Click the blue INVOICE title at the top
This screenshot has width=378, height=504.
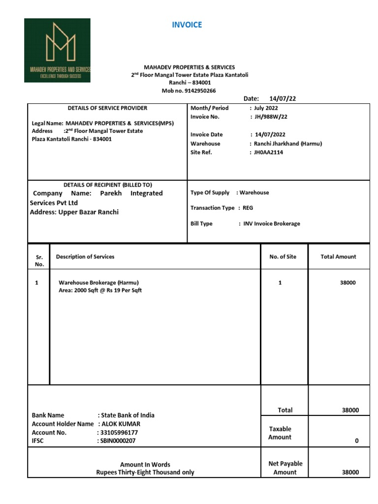tap(187, 25)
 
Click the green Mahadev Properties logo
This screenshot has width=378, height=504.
tap(57, 50)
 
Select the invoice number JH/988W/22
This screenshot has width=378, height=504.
tap(270, 117)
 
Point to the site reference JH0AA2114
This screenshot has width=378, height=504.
tap(268, 152)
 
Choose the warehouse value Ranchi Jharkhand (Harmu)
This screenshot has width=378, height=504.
tap(288, 143)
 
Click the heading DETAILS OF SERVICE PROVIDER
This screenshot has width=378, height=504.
tap(107, 108)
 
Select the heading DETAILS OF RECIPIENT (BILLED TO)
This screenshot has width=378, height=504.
tap(107, 185)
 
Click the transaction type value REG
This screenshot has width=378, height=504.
tap(248, 208)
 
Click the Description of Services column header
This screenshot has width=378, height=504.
tap(85, 256)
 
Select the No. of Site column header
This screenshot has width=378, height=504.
tap(283, 256)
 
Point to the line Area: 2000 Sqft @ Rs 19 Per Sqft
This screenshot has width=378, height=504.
tap(100, 290)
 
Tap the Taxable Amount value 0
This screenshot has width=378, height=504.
tap(357, 441)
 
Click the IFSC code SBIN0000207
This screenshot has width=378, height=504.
tap(119, 441)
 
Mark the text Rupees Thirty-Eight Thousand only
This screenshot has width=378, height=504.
tap(145, 472)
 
